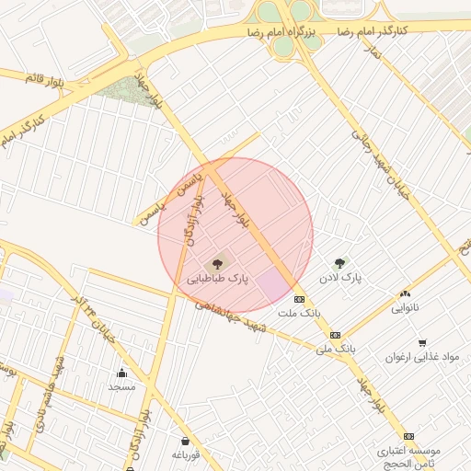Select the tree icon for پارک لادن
(x=340, y=263)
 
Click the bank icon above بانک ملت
(x=299, y=300)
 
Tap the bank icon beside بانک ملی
(x=335, y=335)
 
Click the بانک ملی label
(x=334, y=349)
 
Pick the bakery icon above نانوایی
(x=405, y=294)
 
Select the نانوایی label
(x=405, y=307)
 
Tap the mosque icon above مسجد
(x=121, y=373)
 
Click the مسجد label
(x=121, y=386)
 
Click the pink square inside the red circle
(x=272, y=284)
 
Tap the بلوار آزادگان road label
(x=194, y=224)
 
